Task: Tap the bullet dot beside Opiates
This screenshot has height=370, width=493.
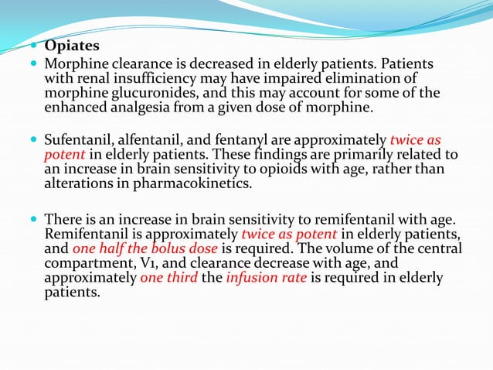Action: (x=36, y=46)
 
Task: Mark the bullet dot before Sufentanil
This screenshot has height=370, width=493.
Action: (x=36, y=141)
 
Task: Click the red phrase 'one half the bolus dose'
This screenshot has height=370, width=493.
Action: (x=141, y=248)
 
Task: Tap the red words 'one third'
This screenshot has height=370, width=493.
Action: (x=168, y=278)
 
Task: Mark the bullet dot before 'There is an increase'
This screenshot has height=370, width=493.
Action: (x=36, y=219)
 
